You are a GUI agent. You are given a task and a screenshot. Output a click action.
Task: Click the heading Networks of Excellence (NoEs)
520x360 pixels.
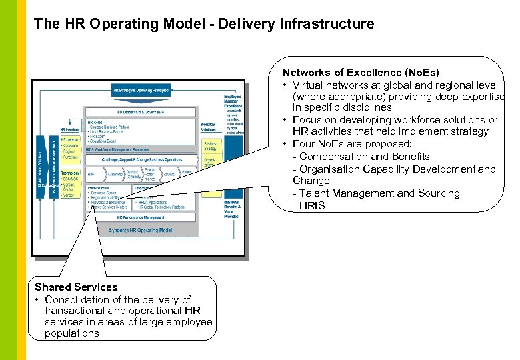361,72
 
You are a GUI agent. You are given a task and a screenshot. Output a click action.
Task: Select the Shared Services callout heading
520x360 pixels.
76,287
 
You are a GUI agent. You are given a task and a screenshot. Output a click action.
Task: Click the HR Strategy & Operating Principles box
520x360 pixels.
141,89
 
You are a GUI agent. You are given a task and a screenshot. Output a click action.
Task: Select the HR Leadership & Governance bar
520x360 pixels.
141,111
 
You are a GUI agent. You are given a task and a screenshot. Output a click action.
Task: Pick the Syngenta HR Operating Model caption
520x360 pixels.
141,230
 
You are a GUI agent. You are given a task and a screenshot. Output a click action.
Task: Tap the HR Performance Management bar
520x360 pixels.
141,217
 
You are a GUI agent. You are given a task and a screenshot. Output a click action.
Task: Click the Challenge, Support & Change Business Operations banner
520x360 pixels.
142,161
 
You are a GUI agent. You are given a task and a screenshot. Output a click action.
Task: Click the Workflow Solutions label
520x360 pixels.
208,127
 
